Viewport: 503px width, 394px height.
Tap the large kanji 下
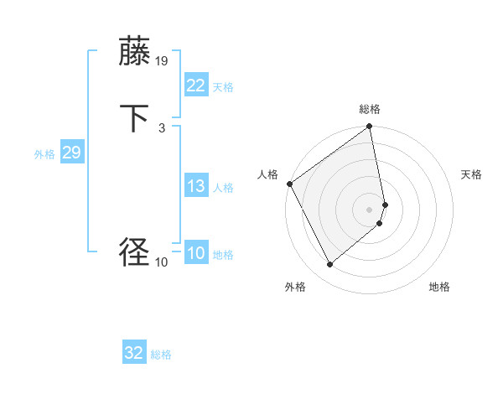tap(134, 118)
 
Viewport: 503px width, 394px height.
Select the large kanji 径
tap(134, 251)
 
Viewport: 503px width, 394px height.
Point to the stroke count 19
tap(162, 60)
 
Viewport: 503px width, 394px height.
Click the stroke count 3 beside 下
tap(161, 128)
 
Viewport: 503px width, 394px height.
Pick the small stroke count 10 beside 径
tap(162, 262)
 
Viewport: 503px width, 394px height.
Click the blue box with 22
tap(196, 85)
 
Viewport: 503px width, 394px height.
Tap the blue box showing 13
tap(196, 186)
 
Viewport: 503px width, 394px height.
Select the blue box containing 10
tap(196, 253)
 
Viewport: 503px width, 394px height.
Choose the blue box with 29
tap(71, 153)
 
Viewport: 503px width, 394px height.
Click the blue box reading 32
tap(134, 353)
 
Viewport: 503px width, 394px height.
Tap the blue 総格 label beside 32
tap(162, 355)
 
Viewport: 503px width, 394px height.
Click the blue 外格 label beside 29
tap(44, 154)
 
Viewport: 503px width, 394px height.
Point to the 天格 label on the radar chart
tap(471, 174)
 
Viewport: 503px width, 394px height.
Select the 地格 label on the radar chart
tap(439, 287)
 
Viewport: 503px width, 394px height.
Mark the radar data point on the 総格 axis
tap(370, 127)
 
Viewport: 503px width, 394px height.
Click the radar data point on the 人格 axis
tap(289, 184)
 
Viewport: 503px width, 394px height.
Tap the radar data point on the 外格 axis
tap(329, 265)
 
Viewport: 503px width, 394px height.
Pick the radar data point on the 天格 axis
tap(385, 204)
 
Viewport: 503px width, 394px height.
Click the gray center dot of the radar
tap(370, 209)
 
